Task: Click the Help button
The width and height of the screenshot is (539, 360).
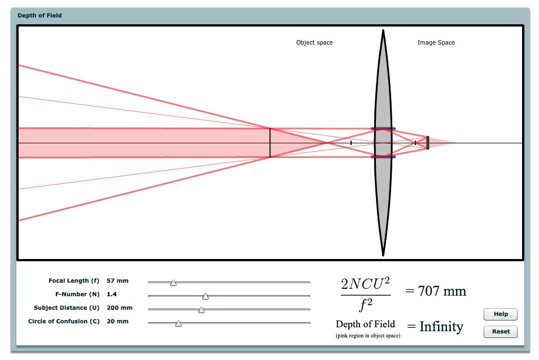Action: [x=500, y=314]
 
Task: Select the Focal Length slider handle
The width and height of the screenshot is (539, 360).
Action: [x=173, y=283]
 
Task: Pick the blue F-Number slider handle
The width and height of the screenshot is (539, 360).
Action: [x=205, y=296]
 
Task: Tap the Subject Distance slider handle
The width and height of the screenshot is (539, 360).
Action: [x=201, y=310]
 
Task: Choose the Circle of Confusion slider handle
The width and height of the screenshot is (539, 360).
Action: [x=178, y=323]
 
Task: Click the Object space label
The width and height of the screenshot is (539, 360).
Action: [x=314, y=42]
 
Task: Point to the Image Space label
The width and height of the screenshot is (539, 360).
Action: [x=436, y=42]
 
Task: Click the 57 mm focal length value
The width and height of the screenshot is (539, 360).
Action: [x=117, y=280]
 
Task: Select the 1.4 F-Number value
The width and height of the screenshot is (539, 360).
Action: [x=112, y=295]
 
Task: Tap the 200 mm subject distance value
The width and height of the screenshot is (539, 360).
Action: [x=119, y=308]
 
